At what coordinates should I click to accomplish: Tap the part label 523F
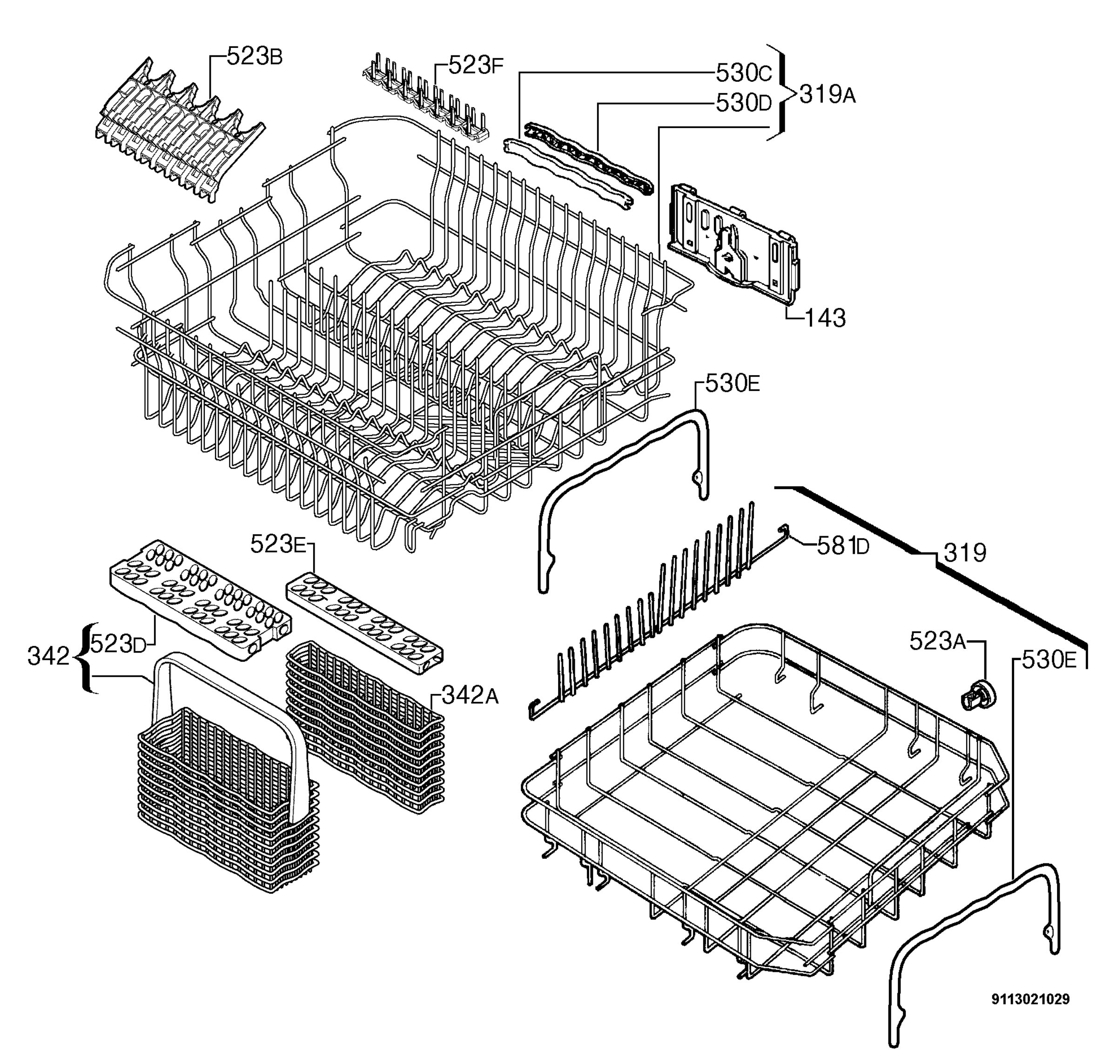tap(476, 66)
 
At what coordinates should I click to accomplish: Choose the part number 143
tap(826, 318)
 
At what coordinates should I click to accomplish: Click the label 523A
tap(938, 641)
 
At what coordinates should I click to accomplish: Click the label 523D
tap(118, 644)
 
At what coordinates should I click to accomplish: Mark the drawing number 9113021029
tap(1030, 999)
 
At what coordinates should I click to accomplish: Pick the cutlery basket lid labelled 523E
tap(364, 623)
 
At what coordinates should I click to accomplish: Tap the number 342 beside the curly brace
tap(48, 657)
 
